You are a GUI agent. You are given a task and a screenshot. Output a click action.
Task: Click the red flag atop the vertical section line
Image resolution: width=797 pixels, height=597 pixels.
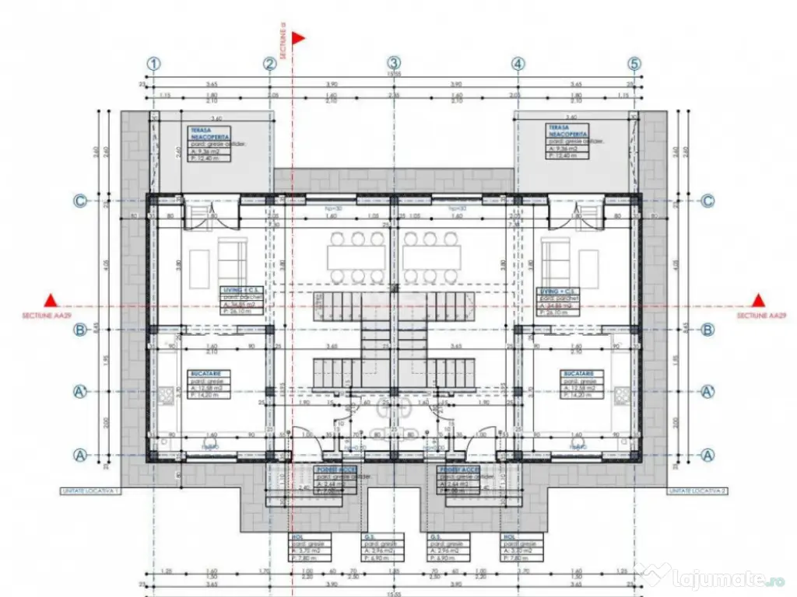point(298,37)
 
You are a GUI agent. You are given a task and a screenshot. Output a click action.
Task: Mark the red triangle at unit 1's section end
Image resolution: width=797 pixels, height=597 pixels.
point(51,300)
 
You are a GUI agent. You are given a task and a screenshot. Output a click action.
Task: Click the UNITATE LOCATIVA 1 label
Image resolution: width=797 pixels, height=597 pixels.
point(90,492)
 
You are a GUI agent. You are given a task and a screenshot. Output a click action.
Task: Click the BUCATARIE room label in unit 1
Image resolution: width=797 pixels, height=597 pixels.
point(204,373)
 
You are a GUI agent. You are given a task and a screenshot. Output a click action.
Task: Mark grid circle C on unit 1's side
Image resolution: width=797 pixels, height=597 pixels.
point(79,201)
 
